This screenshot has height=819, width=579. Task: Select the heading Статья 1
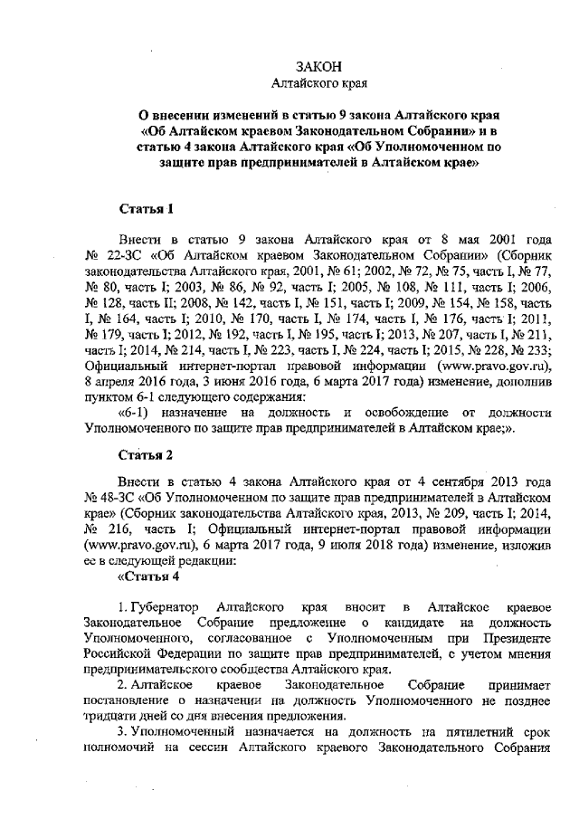pos(146,209)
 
